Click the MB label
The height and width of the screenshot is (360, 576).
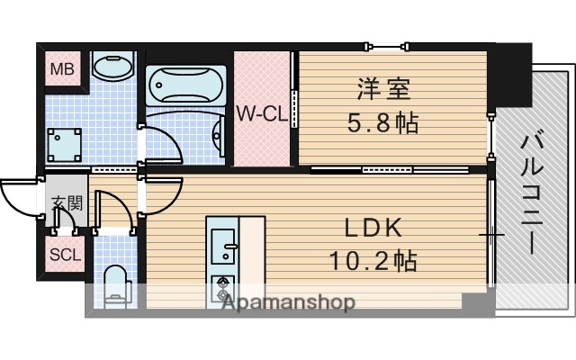tap(63, 67)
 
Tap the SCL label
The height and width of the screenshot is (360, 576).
tap(65, 254)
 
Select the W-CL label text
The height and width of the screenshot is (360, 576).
tap(262, 114)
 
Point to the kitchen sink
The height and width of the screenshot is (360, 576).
tap(222, 242)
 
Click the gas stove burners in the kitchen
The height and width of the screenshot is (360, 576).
tap(221, 288)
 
